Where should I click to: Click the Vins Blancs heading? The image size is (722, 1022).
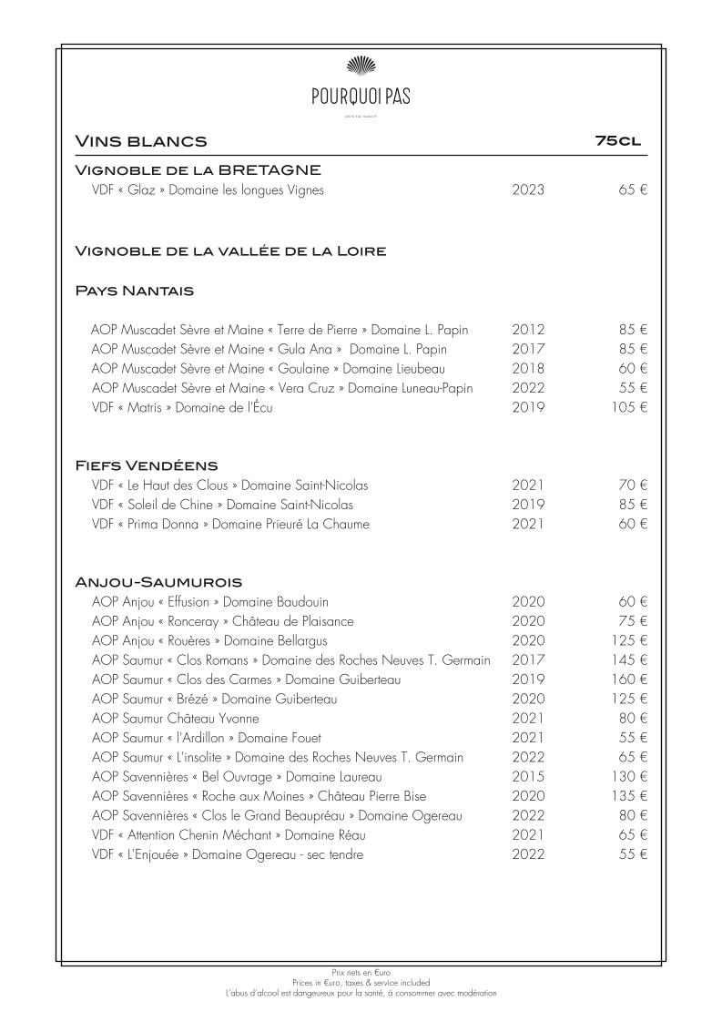141,141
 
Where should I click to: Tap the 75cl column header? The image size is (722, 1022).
618,141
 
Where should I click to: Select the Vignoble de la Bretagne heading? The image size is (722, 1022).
198,170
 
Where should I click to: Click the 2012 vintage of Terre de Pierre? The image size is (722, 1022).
528,330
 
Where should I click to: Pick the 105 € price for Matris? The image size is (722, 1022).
629,408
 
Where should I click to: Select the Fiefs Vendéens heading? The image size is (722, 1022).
146,466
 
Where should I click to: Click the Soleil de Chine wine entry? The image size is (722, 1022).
222,505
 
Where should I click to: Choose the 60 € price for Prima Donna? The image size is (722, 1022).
632,525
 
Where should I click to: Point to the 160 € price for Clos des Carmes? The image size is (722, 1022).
629,680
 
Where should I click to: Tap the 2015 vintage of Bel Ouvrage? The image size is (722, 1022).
528,777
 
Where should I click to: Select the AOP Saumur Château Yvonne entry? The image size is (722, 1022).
175,719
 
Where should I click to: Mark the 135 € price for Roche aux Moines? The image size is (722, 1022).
629,796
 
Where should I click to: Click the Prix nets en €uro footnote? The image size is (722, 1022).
361,974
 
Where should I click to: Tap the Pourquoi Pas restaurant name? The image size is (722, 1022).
361,94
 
